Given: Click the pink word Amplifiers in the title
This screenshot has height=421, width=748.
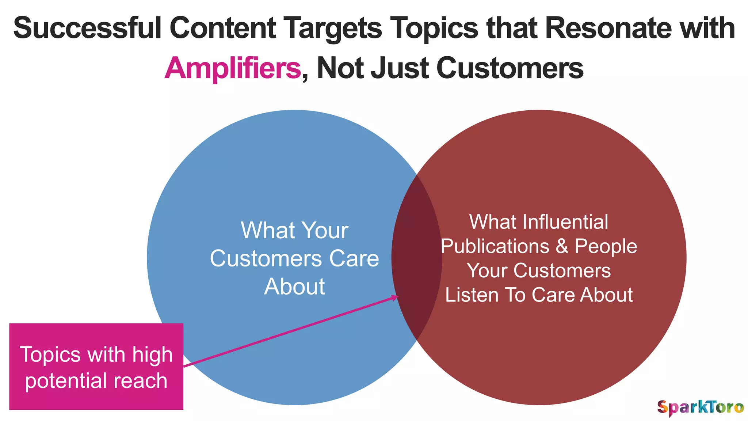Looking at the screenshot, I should tap(233, 68).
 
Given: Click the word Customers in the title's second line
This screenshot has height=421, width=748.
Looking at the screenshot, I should tap(510, 68).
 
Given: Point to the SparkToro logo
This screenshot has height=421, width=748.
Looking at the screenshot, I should tap(700, 407).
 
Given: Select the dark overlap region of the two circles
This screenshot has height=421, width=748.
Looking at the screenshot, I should tap(417, 256).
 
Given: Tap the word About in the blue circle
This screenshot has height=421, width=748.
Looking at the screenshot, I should tap(294, 287).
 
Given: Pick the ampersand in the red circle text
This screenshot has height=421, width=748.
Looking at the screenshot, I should tap(562, 246).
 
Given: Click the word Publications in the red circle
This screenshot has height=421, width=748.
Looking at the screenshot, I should tap(495, 246).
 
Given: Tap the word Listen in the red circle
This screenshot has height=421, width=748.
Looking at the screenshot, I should tap(472, 295).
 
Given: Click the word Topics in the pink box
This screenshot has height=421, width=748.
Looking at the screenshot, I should tap(50, 354).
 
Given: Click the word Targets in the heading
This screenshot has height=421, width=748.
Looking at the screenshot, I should tap(333, 29).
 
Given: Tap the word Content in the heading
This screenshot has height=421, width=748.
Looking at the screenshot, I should tap(222, 29).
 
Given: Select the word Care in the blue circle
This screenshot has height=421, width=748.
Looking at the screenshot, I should tap(354, 259).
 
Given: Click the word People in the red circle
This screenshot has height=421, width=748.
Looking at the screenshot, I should tap(606, 246).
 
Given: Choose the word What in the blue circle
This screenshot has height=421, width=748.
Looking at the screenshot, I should tap(263, 231).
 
